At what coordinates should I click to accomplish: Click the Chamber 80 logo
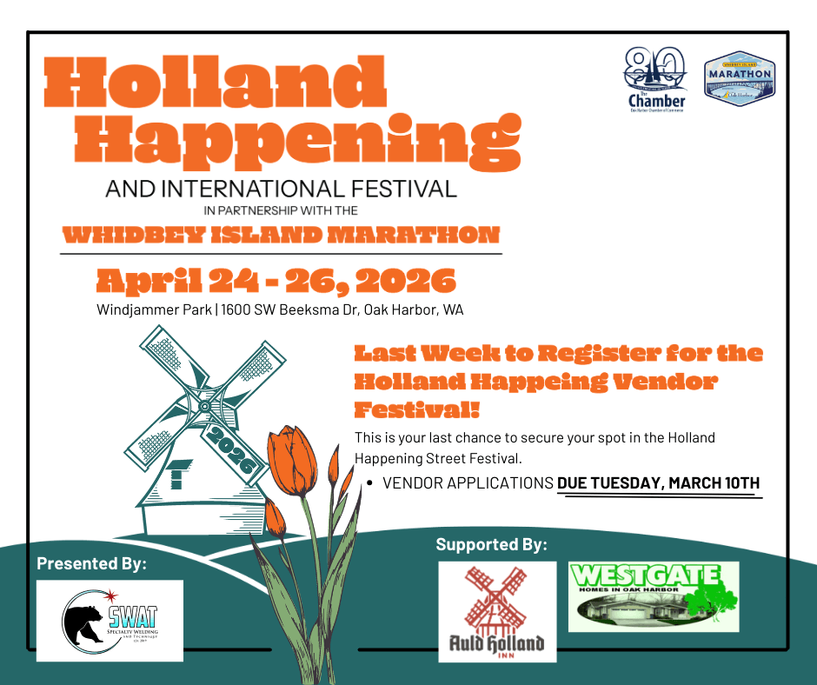pyautogui.click(x=656, y=80)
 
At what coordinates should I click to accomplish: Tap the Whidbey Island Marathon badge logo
pyautogui.click(x=739, y=78)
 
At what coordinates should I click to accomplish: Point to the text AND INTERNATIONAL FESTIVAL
pyautogui.click(x=281, y=188)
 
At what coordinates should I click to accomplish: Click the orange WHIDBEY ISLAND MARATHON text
pyautogui.click(x=281, y=235)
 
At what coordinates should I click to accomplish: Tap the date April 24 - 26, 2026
pyautogui.click(x=276, y=281)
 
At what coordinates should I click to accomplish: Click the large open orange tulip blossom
pyautogui.click(x=292, y=461)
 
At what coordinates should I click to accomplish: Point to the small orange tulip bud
pyautogui.click(x=274, y=517)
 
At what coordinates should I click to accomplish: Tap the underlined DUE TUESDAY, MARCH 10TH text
pyautogui.click(x=658, y=483)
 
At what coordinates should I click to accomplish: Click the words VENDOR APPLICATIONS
pyautogui.click(x=468, y=483)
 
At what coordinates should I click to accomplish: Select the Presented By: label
pyautogui.click(x=91, y=563)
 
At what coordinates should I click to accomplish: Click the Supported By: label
pyautogui.click(x=491, y=545)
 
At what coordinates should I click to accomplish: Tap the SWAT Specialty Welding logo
pyautogui.click(x=110, y=621)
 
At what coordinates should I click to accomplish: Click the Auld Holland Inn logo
pyautogui.click(x=497, y=611)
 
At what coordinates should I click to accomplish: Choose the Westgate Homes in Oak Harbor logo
pyautogui.click(x=654, y=596)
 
